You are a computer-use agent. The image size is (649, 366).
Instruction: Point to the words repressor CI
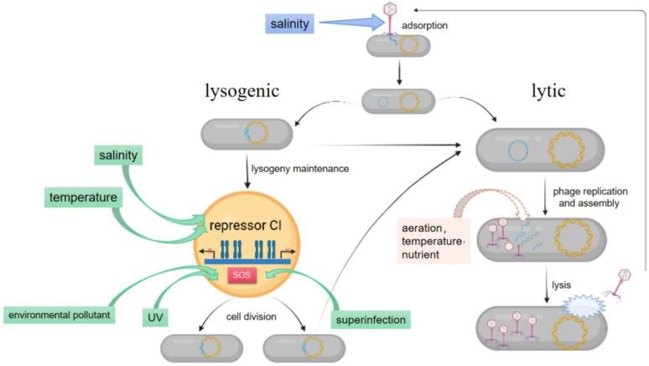(249, 225)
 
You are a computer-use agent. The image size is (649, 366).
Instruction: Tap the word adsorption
(449, 26)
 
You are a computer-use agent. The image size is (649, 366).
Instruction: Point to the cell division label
(249, 318)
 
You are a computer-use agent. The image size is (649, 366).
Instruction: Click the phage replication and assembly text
(590, 197)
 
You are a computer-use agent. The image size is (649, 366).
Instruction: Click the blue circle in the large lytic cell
(519, 152)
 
